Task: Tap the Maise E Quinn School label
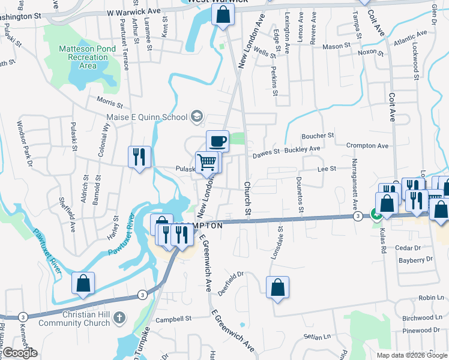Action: click(147, 117)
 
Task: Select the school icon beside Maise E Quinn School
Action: click(197, 117)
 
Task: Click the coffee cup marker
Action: click(217, 141)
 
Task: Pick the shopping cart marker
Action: click(208, 163)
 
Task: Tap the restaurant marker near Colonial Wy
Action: click(139, 157)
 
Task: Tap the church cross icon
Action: click(119, 317)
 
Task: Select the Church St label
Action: click(247, 199)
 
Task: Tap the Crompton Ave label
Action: click(368, 146)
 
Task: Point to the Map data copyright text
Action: click(411, 355)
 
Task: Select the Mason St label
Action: click(336, 46)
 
